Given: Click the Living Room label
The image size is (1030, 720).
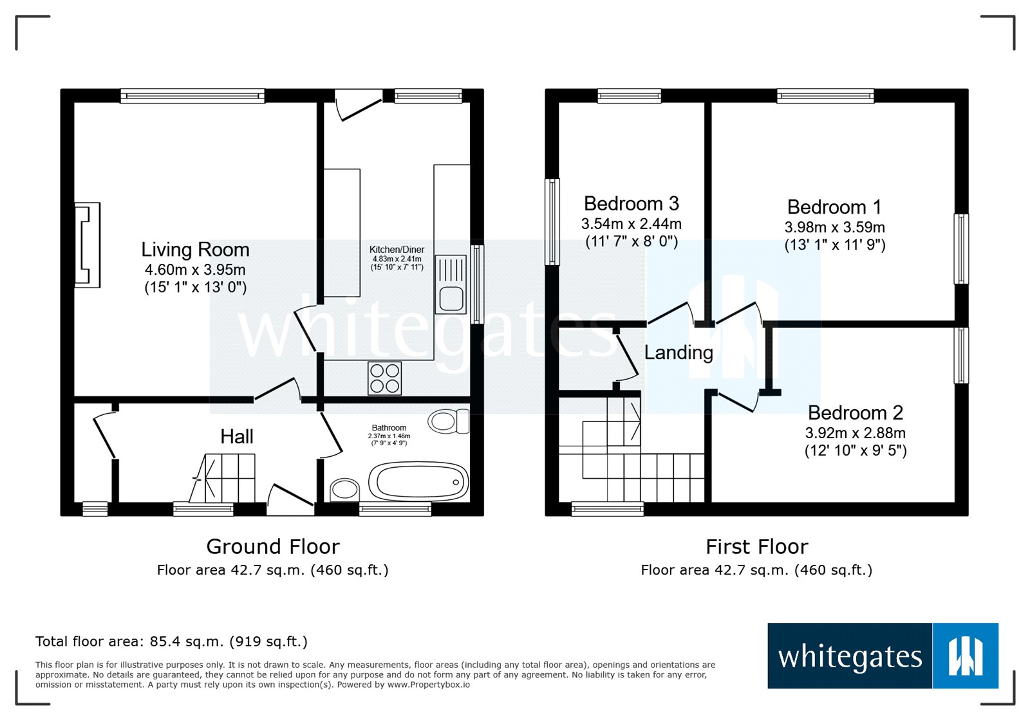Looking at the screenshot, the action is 196,250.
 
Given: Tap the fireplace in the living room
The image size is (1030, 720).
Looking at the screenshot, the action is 88,245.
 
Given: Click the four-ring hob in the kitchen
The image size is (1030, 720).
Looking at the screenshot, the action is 384,378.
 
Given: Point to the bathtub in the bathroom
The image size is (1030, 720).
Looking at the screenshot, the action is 418,482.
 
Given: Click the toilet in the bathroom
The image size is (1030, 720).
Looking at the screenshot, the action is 448,421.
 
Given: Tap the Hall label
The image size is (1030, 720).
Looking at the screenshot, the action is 237,436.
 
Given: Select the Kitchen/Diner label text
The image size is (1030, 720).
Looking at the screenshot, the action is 397,250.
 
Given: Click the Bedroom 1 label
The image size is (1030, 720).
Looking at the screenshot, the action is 834,207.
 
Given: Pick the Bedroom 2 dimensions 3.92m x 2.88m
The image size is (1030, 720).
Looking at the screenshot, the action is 856,433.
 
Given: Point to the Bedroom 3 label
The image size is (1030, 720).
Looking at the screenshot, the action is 632,203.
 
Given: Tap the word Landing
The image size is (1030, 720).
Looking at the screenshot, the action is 679,353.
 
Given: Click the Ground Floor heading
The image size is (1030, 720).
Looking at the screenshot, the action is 273,547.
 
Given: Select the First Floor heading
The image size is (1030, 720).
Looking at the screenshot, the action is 757,547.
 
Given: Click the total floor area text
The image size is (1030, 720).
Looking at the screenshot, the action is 171,641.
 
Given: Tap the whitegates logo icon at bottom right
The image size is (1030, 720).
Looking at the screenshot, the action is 966,656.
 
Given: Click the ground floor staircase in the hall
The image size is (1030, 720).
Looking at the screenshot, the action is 223,478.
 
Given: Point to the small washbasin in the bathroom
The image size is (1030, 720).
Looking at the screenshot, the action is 345,489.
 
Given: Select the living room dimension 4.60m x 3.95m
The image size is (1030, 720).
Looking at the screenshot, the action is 195,269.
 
